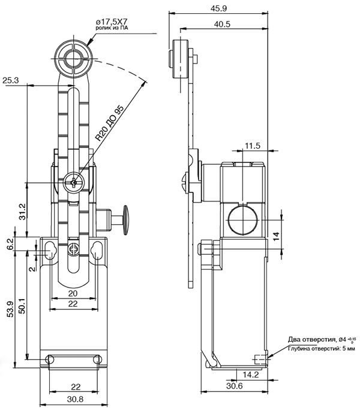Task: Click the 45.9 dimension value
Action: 218,8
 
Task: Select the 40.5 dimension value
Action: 222,24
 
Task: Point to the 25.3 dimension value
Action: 11,80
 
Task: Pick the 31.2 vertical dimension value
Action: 23,212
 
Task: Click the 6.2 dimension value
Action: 10,244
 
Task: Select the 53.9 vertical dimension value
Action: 10,309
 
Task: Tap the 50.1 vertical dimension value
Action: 23,306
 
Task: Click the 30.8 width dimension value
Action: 75,399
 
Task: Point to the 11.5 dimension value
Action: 253,146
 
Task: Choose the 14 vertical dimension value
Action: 276,236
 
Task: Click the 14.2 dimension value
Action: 251,375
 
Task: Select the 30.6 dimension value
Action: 235,386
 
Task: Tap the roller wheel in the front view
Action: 74,58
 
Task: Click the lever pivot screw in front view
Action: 74,182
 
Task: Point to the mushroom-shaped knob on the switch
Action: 125,220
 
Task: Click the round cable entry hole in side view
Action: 243,220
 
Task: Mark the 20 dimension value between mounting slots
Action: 73,293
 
